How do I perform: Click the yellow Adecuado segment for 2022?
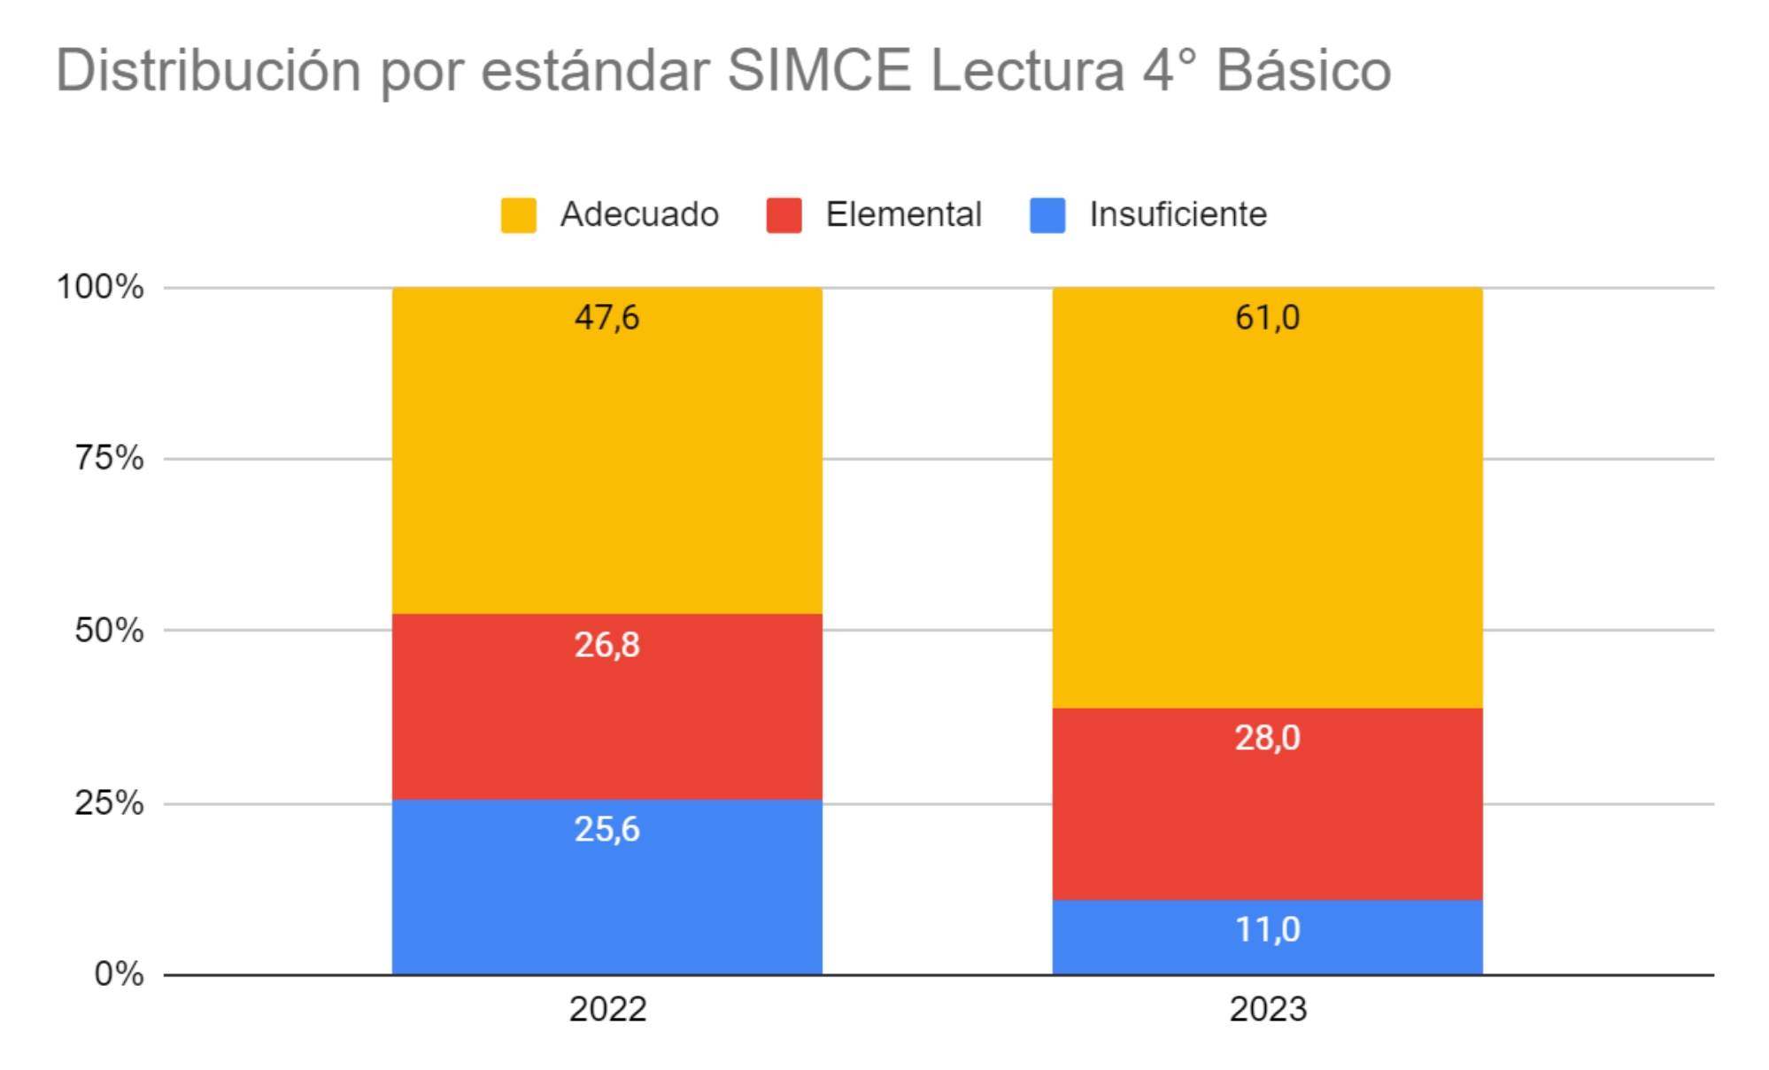tap(606, 461)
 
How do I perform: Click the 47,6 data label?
tap(606, 317)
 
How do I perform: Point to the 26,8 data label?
tap(606, 645)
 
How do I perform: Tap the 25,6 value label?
tap(606, 829)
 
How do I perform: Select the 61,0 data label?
tap(1267, 317)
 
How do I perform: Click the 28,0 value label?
tap(1267, 738)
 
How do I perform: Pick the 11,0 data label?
tap(1267, 929)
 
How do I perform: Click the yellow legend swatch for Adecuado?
tap(518, 215)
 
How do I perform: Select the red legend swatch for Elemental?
tap(784, 215)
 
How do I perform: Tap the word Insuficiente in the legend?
tap(1178, 214)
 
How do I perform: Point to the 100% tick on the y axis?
tap(100, 287)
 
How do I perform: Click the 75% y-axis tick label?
tap(109, 458)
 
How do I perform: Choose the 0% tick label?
tap(119, 973)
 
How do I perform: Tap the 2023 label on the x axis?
tap(1267, 1009)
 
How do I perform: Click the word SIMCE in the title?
tap(819, 71)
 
